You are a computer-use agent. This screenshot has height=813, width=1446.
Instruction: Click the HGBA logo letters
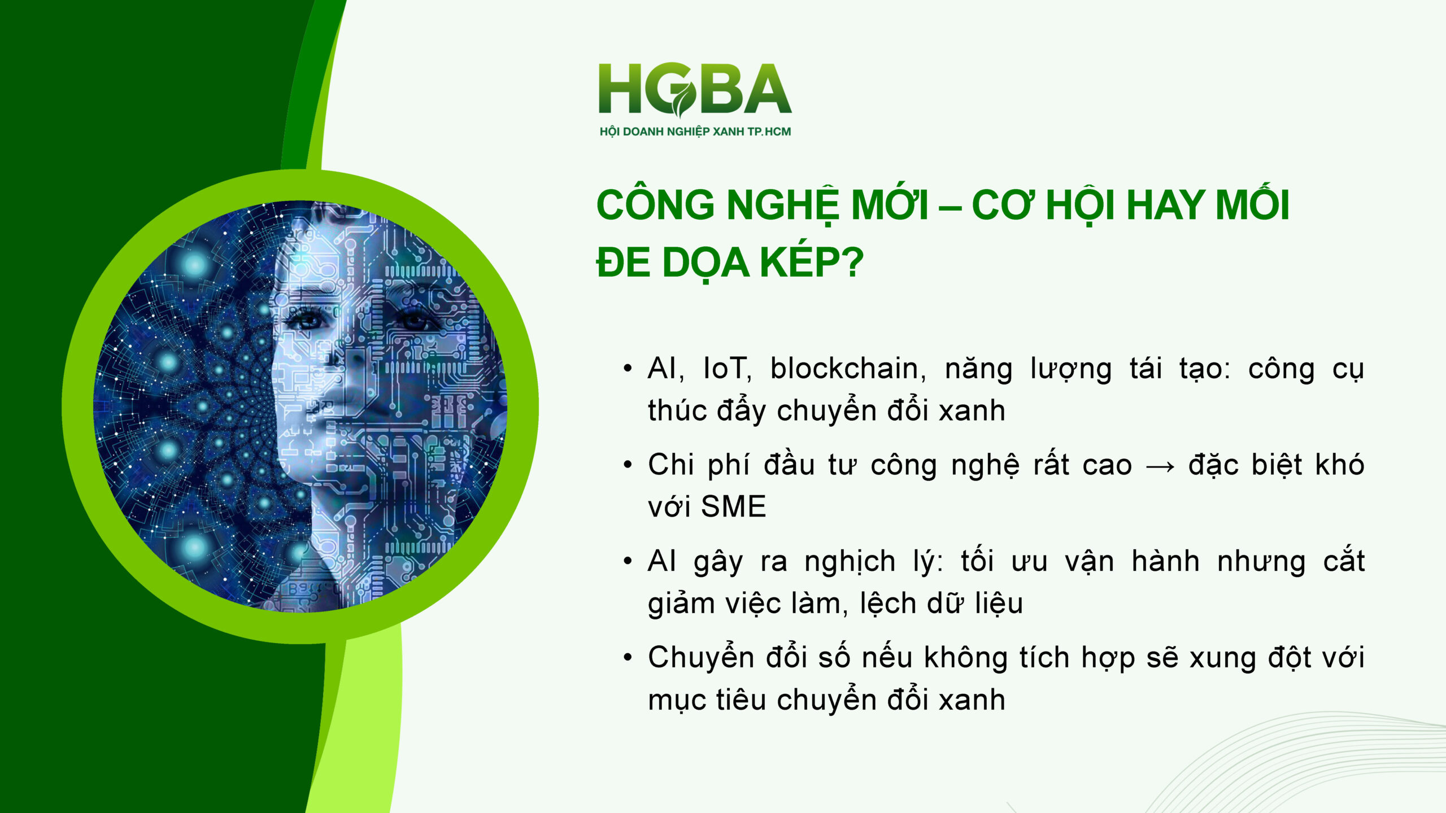[x=695, y=89]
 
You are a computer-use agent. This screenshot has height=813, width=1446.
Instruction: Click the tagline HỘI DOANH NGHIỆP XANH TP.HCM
[x=695, y=132]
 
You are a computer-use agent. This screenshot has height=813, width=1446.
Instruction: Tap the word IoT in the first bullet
[x=727, y=369]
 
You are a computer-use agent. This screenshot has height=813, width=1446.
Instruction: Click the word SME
[x=733, y=506]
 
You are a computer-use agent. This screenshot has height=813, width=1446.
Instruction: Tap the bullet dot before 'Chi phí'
[x=628, y=465]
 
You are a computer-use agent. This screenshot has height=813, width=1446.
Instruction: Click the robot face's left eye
[x=307, y=321]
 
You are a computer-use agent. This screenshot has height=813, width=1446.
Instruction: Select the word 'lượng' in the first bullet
[x=1071, y=370]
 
